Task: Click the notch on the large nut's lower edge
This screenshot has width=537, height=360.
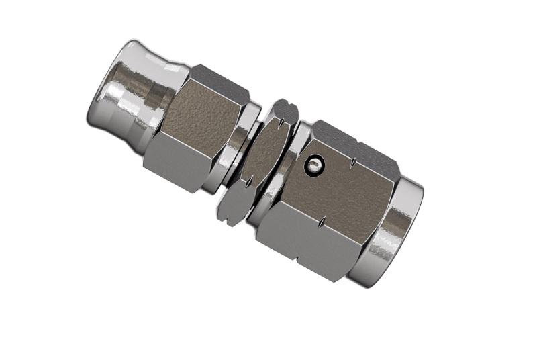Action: [323, 222]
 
